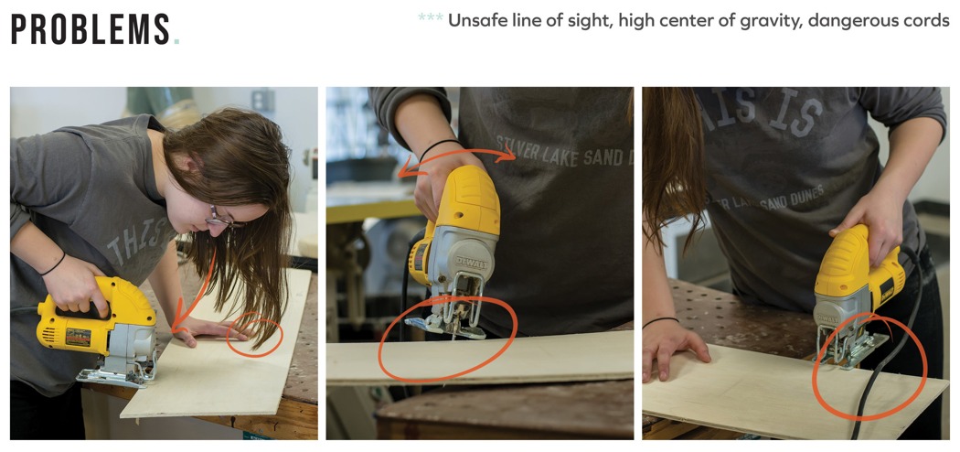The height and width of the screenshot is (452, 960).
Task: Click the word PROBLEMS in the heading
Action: coord(91,29)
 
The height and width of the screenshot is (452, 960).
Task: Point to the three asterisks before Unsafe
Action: coord(431,17)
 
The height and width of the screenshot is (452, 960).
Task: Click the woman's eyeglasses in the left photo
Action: coord(222,218)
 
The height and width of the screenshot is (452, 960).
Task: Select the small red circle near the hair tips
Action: coord(255,334)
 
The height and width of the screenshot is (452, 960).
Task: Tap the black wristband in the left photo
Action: coord(53,265)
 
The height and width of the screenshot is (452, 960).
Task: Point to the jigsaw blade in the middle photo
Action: coord(453,331)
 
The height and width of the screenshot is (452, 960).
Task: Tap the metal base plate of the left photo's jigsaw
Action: coord(116,375)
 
